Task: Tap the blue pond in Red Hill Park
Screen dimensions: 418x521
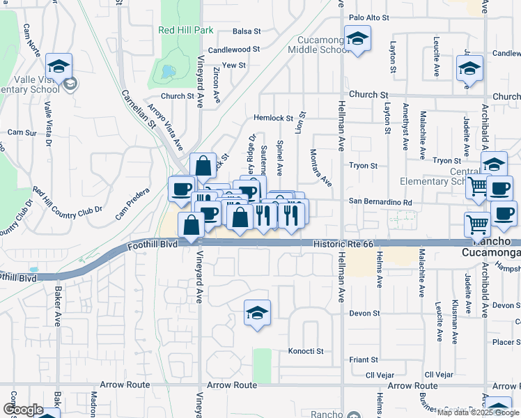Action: pos(168,71)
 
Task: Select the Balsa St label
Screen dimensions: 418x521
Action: pos(247,31)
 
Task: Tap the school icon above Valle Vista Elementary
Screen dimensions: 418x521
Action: pos(59,68)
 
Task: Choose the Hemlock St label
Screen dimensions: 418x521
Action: pos(273,118)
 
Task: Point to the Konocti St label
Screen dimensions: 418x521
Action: pos(306,351)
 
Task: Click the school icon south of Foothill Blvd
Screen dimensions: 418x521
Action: pos(257,314)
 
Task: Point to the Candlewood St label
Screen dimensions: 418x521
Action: pos(233,50)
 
